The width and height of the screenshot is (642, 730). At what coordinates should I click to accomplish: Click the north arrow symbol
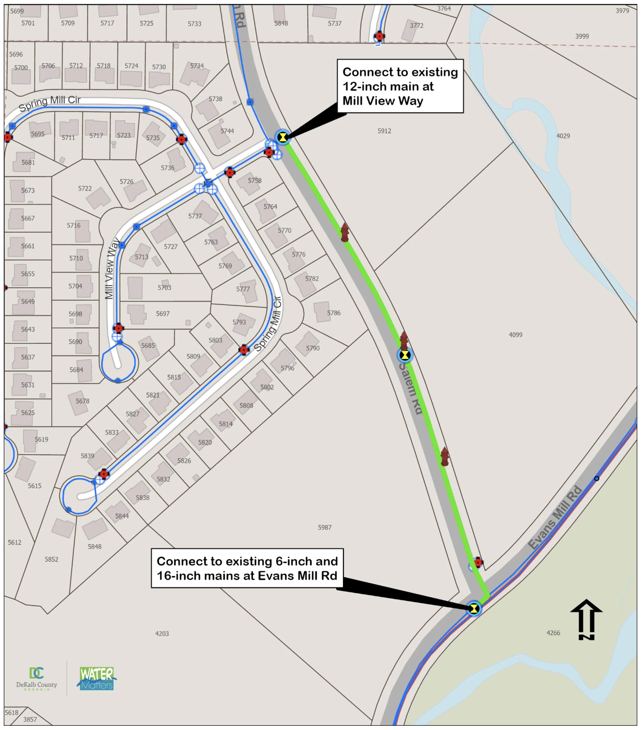tap(586, 619)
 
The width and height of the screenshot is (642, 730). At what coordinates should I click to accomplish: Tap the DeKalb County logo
tap(37, 678)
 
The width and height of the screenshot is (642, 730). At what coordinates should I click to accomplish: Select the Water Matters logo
tap(97, 678)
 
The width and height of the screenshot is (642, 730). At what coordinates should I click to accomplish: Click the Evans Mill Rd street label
tap(555, 518)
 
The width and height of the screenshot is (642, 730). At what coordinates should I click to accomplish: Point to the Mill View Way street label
tap(111, 268)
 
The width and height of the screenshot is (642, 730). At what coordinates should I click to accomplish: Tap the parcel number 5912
tap(384, 131)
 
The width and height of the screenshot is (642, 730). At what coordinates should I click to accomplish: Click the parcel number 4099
tap(515, 335)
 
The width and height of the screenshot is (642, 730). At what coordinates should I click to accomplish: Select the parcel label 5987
tap(325, 527)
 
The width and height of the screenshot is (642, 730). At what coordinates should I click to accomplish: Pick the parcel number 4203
tap(162, 633)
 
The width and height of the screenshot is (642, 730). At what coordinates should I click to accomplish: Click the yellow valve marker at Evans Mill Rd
tap(474, 608)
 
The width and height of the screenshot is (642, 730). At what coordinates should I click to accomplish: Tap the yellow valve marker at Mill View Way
tap(283, 137)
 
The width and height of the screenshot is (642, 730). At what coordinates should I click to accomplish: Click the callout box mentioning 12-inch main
tap(400, 86)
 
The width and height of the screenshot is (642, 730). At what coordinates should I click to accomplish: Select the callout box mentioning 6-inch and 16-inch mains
tap(247, 568)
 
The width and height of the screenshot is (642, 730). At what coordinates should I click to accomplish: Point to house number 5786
tap(334, 313)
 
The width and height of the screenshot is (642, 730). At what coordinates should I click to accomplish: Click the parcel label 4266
tap(553, 633)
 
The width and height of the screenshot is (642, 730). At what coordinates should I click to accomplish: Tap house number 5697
tap(163, 313)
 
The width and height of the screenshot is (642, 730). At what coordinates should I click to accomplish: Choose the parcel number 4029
tap(563, 136)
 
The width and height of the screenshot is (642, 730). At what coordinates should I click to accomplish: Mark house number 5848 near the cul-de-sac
tap(94, 547)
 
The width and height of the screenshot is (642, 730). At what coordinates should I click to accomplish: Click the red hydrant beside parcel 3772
tap(379, 36)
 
